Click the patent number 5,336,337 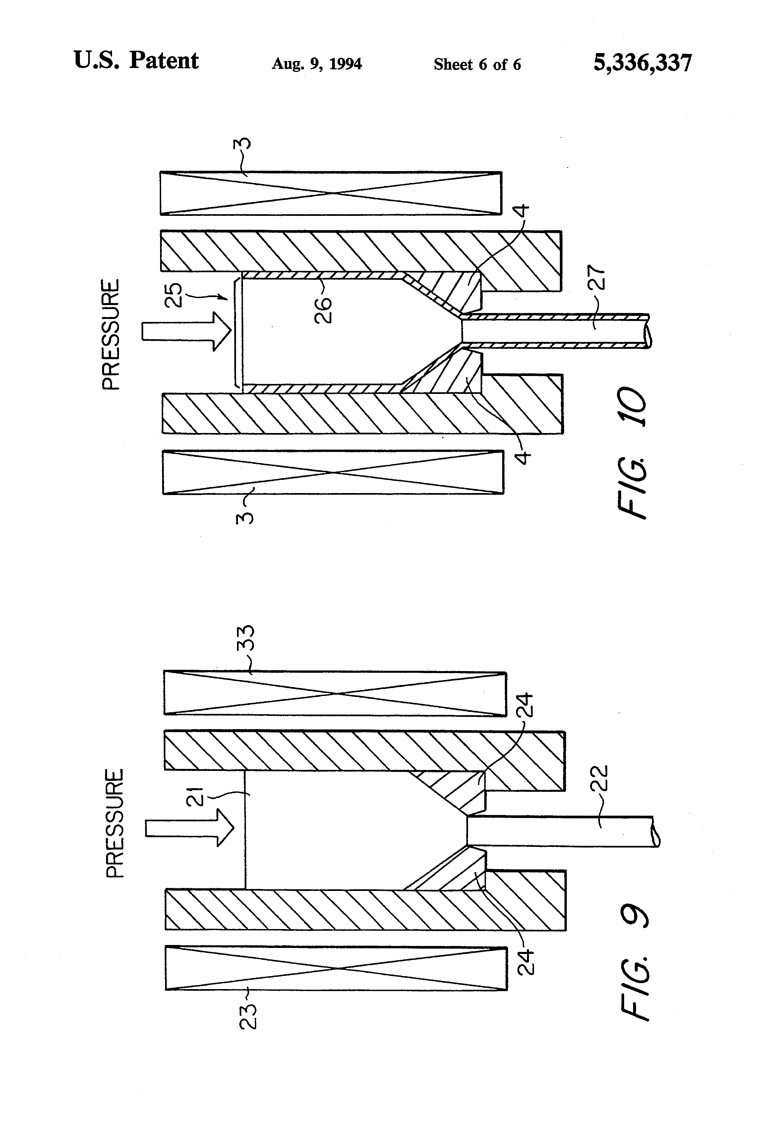(642, 63)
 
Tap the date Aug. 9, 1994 (317, 64)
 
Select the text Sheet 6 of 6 (477, 64)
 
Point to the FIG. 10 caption (632, 452)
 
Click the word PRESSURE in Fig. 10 (111, 335)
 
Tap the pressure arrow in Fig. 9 (190, 828)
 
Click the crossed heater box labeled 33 (335, 693)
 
